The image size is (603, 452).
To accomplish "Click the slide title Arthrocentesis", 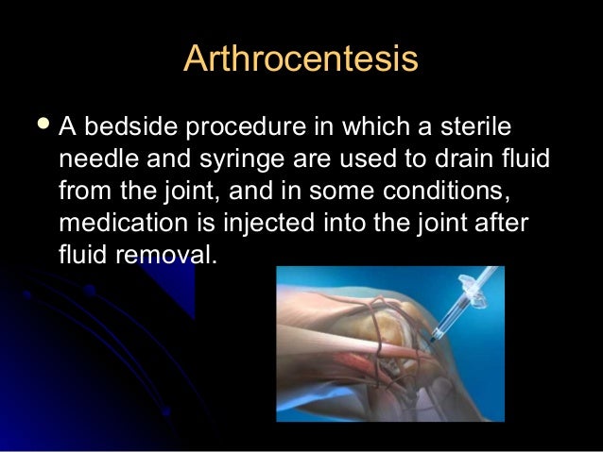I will pos(301,59).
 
